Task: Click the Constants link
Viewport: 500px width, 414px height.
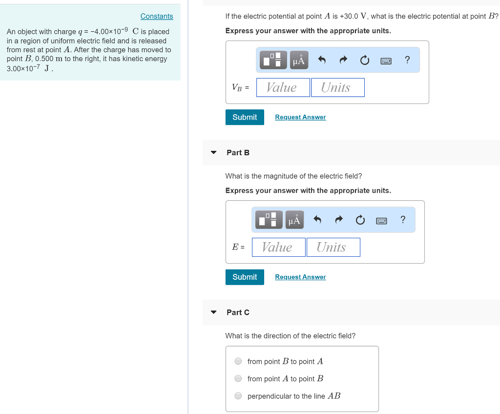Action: [x=157, y=16]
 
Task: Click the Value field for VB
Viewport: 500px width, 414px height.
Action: [x=283, y=87]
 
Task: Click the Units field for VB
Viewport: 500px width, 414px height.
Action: [x=338, y=87]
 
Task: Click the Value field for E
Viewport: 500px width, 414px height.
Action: [x=279, y=247]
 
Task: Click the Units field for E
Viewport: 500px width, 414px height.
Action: [x=333, y=247]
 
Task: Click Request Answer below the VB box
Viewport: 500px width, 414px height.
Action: [x=300, y=117]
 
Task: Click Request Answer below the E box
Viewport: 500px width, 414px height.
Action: [x=300, y=277]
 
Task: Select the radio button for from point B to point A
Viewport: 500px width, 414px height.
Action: [x=238, y=361]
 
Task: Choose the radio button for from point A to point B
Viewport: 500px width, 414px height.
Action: [x=238, y=378]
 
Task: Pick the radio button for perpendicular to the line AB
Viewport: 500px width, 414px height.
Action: [x=238, y=396]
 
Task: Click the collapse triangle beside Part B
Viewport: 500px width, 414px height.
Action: [x=213, y=152]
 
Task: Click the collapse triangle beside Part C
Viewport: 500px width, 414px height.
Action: [x=213, y=312]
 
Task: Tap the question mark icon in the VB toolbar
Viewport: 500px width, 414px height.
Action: [x=408, y=60]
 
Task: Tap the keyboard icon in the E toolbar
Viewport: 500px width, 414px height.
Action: [x=381, y=220]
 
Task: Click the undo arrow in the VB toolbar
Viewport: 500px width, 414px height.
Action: [x=322, y=60]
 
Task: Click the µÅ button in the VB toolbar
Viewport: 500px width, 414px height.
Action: [x=298, y=60]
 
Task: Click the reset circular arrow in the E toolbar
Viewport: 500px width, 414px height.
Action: [x=360, y=220]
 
